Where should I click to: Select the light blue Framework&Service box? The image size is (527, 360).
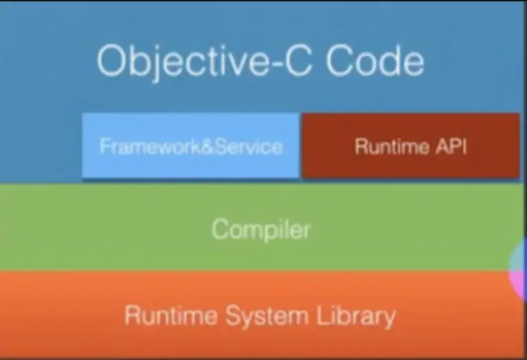coord(191,147)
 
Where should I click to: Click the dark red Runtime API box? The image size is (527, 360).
coord(410,147)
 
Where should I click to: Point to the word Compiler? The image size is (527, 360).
coord(261,229)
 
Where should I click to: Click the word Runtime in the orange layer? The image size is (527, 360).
coord(171,315)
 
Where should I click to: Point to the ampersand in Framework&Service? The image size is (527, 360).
coord(206,147)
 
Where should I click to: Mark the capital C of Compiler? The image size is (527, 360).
coord(220,229)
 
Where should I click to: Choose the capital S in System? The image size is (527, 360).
coord(232,315)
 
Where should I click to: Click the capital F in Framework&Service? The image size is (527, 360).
coord(105,147)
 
